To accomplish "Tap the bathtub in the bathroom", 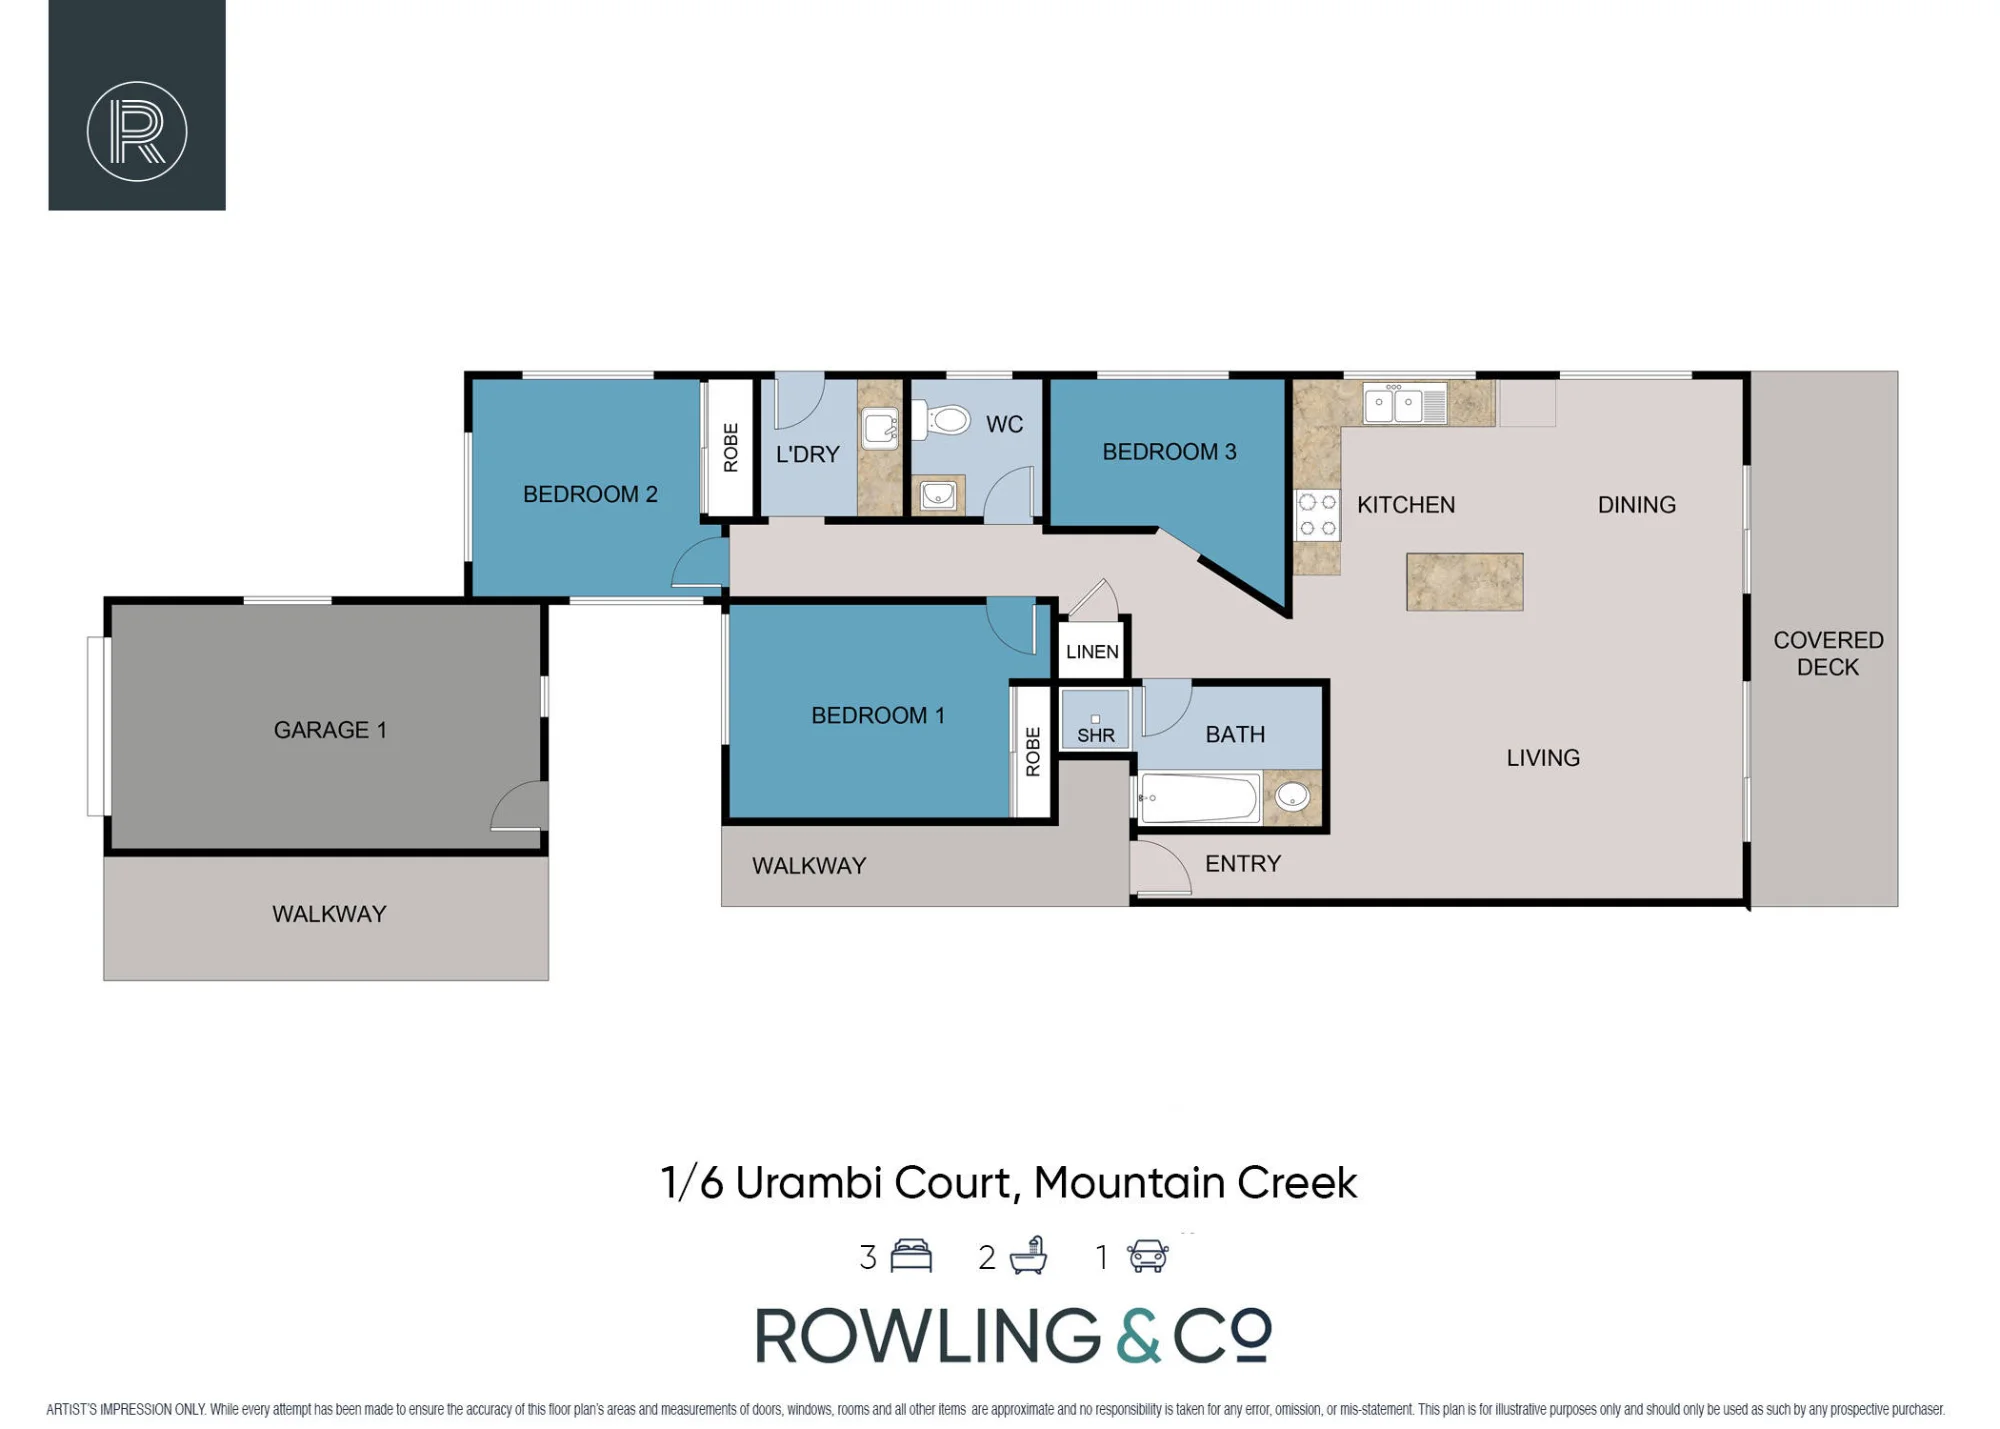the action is point(1198,798).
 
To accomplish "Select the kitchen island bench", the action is point(1464,582).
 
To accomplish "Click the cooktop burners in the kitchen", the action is point(1317,515).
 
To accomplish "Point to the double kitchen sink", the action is point(1404,404).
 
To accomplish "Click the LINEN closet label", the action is point(1092,652).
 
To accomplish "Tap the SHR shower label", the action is point(1096,736).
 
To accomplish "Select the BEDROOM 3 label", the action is point(1169,452).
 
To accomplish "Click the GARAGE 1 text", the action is point(330,730).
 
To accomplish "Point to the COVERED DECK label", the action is point(1828,653).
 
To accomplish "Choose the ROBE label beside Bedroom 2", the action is point(731,447).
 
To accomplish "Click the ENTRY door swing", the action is point(1161,866).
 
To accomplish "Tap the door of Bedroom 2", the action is point(700,562).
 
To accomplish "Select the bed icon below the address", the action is point(911,1255).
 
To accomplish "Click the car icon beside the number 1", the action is point(1148,1256).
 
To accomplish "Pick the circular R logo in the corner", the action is point(137,131).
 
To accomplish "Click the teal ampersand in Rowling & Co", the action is point(1138,1335).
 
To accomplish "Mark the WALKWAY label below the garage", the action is point(329,914).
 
